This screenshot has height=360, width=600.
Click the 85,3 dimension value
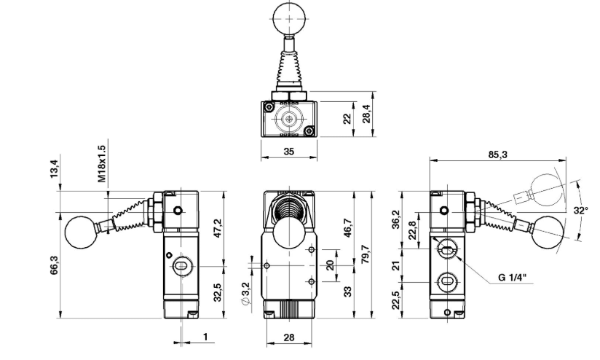pos(497,154)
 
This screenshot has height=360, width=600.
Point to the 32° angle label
pos(580,211)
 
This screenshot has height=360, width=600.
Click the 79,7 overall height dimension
pos(366,254)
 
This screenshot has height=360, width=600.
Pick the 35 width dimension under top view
pos(289,152)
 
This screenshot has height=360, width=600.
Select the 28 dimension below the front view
pos(289,337)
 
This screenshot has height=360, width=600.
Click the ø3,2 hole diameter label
pos(245,294)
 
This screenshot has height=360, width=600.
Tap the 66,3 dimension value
pos(54,265)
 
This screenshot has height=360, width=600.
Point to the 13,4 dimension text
pos(54,168)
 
